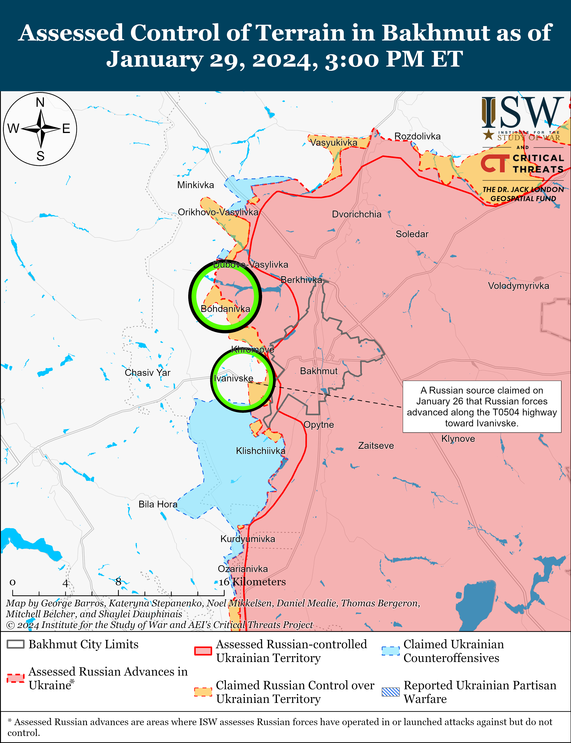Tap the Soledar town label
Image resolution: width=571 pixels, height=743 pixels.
pyautogui.click(x=412, y=234)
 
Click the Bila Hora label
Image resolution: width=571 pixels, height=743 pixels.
pyautogui.click(x=158, y=504)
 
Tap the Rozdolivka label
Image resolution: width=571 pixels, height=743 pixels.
pyautogui.click(x=417, y=136)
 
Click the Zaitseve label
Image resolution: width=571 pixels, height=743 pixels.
pyautogui.click(x=376, y=445)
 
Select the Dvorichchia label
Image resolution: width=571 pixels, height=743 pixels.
pyautogui.click(x=356, y=214)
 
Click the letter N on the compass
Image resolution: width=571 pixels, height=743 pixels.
pyautogui.click(x=40, y=102)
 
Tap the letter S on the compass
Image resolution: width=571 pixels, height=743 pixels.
pyautogui.click(x=40, y=156)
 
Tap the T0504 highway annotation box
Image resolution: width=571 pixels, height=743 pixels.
pyautogui.click(x=482, y=407)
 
